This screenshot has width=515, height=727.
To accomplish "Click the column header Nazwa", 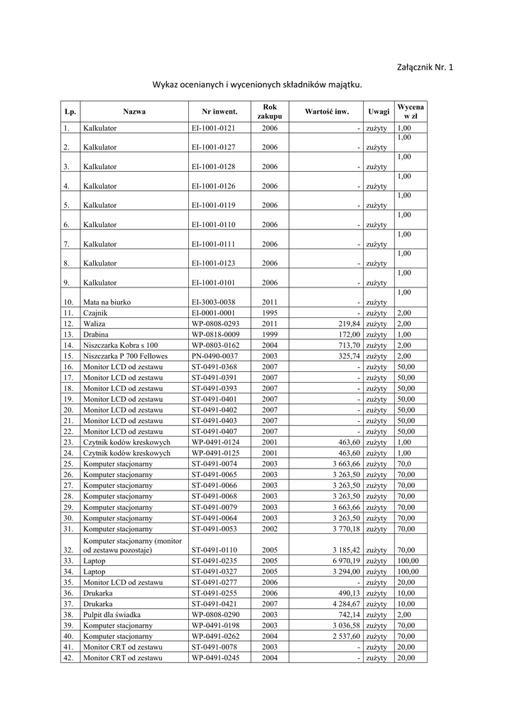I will coord(134,111).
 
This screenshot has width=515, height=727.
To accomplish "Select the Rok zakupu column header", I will coord(269,111).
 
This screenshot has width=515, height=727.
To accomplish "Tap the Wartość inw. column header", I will coord(327,111).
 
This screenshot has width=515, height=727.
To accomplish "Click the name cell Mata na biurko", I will coord(106,302).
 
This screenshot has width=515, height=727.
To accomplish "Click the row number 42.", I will coord(68,658).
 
